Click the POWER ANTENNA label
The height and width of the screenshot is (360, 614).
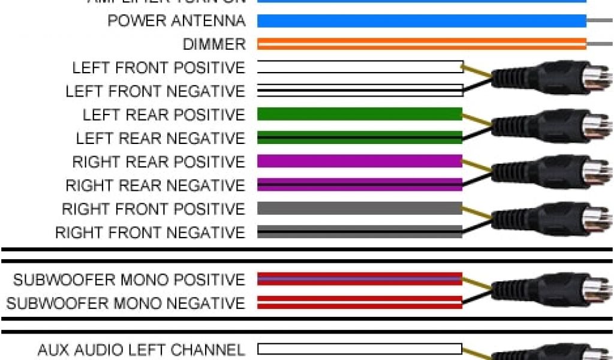click(176, 21)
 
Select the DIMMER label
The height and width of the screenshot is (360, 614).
click(214, 44)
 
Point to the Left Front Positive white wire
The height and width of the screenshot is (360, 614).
click(360, 67)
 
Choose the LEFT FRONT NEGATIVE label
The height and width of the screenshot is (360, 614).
click(155, 91)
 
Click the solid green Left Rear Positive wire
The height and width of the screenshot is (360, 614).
click(360, 114)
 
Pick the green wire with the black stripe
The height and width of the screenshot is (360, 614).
click(360, 137)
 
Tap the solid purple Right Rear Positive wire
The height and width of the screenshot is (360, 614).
click(360, 161)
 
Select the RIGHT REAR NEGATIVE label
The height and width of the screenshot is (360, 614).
click(155, 185)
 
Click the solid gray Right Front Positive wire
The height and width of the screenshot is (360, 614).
click(360, 208)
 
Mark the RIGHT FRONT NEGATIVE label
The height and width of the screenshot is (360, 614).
click(150, 232)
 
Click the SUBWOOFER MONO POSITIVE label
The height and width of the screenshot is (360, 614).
click(129, 280)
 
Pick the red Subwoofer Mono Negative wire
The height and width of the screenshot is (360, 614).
click(360, 302)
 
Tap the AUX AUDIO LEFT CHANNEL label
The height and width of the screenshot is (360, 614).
click(141, 349)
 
